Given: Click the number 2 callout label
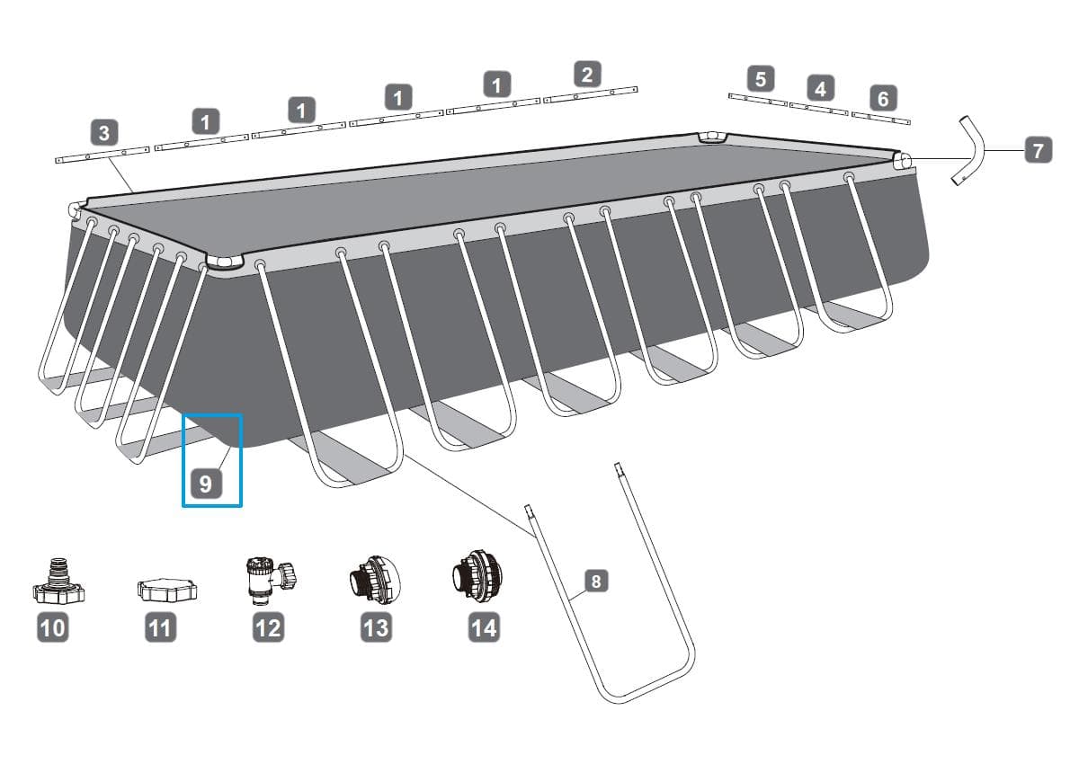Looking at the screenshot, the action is click(587, 74).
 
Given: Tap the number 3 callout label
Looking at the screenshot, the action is click(104, 132).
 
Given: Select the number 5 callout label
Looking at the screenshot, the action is click(761, 78).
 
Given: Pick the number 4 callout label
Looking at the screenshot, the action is click(820, 88).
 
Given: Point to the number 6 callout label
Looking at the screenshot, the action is click(883, 98).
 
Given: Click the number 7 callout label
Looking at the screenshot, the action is click(1038, 150).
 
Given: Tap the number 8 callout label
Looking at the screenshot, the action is click(596, 581).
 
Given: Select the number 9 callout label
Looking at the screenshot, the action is click(206, 484).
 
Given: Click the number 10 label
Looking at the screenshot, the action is click(52, 627).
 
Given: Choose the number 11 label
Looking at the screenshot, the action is click(160, 627).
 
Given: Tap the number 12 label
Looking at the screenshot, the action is click(268, 627).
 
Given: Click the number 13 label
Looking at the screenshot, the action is click(376, 627).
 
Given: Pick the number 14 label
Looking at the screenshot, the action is click(484, 627).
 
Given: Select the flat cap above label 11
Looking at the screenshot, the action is click(167, 591).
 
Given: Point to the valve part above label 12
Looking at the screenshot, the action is click(272, 580).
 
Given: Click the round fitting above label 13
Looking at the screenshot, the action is click(375, 579).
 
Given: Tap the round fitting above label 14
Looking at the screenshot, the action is click(477, 573).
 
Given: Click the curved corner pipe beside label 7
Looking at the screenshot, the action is click(968, 150).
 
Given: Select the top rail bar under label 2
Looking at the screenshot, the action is click(591, 95).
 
